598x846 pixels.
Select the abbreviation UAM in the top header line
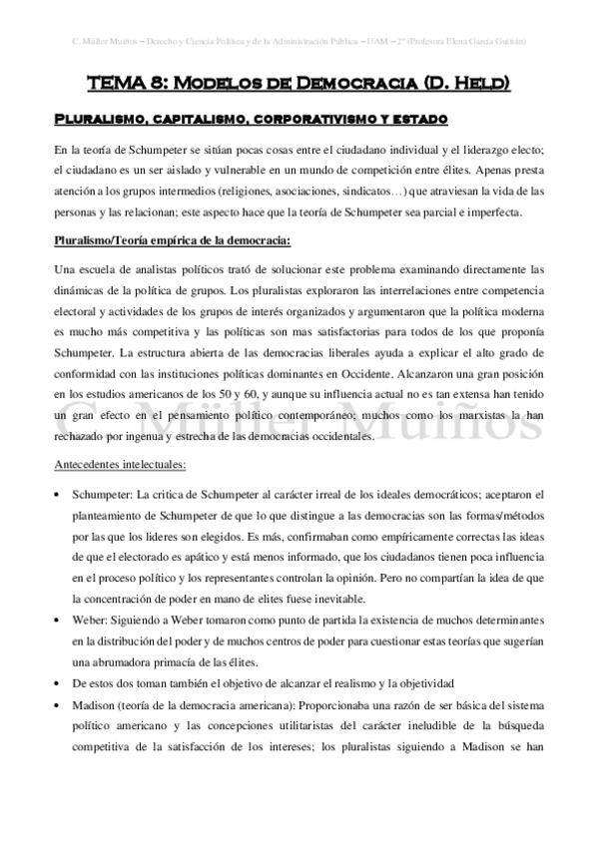coord(377,42)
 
